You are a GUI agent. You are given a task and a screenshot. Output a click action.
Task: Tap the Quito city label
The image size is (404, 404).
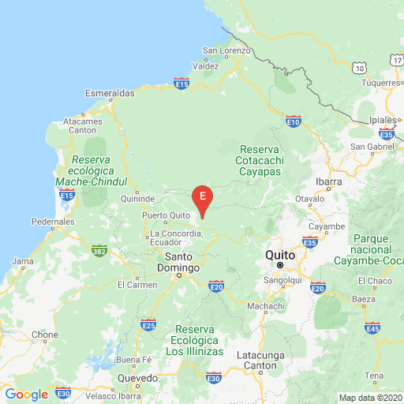pos(280,255)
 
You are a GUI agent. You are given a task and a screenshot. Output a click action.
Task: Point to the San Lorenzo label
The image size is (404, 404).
pos(226,51)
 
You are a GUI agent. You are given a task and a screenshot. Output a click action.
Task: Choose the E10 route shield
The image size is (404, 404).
pos(294,122)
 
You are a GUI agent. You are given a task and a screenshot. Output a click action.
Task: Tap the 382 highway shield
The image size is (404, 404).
pos(99,250)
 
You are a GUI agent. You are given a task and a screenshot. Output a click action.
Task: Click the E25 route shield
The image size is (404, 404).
pos(148,324)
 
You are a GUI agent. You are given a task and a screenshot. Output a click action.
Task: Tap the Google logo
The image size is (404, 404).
pos(26,394)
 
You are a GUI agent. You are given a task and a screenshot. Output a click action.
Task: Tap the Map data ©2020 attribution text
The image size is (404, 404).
pos(371,397)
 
